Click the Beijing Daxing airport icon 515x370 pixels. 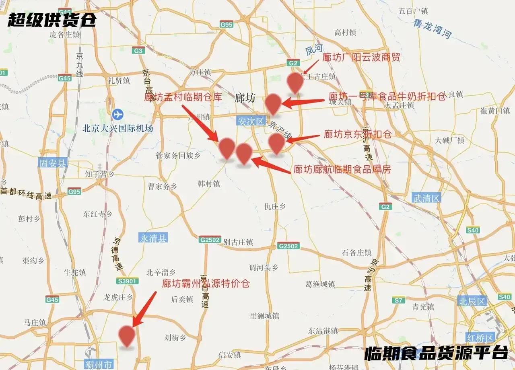pos(118,114)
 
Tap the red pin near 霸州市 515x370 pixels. pos(127,335)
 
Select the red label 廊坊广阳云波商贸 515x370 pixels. pos(361,57)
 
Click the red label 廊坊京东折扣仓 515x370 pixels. pos(357,134)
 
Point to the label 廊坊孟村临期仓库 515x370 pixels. pos(183,97)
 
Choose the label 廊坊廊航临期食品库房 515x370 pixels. pos(342,169)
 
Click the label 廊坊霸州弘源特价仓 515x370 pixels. pos(206,283)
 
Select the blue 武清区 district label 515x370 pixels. pos(427,197)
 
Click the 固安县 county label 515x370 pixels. pos(53,163)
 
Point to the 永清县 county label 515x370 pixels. pos(153,238)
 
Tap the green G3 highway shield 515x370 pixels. pos(139,51)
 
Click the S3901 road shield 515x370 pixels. pos(127,281)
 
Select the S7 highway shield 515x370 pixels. pos(399,300)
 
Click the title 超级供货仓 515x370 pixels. pos(51,19)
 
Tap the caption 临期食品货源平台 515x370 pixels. pos(436,353)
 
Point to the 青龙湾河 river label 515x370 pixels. pos(432,29)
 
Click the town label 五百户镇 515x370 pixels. pos(413,11)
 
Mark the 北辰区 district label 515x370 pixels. pos(472,301)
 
